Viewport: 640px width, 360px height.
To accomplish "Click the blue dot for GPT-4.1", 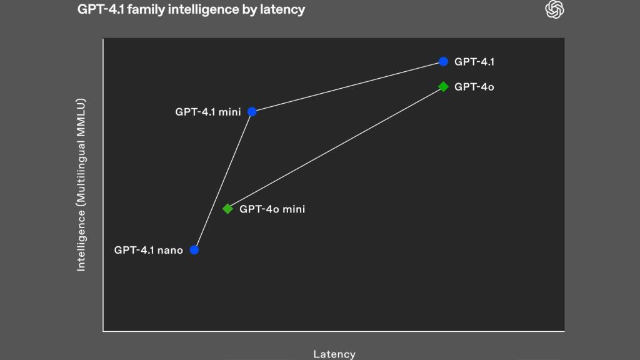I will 443,61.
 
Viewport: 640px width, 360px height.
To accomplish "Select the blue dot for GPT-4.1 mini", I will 252,112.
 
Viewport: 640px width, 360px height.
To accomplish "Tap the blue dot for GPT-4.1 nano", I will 194,250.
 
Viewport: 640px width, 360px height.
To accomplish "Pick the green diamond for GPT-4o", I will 443,86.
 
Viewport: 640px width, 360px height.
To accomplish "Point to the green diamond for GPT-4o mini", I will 227,209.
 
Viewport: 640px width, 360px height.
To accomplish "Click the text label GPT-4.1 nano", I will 148,250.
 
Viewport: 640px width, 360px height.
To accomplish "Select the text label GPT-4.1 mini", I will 207,112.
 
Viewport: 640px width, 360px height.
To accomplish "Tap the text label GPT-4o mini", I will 272,209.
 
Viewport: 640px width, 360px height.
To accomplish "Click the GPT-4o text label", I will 474,87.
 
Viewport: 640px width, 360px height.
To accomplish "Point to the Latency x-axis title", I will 334,354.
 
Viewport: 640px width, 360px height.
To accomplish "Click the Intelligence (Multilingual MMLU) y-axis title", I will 81,184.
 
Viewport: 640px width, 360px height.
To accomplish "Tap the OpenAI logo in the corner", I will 555,9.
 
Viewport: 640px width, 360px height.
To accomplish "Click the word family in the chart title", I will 143,10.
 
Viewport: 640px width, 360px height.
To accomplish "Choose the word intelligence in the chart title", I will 201,10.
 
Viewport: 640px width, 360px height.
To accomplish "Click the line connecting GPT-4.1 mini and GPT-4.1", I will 347,87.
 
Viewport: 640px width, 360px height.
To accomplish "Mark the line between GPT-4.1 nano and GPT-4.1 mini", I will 222,181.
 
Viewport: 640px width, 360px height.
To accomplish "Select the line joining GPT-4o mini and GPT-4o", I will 335,147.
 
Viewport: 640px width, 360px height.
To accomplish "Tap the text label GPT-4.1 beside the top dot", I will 474,62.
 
